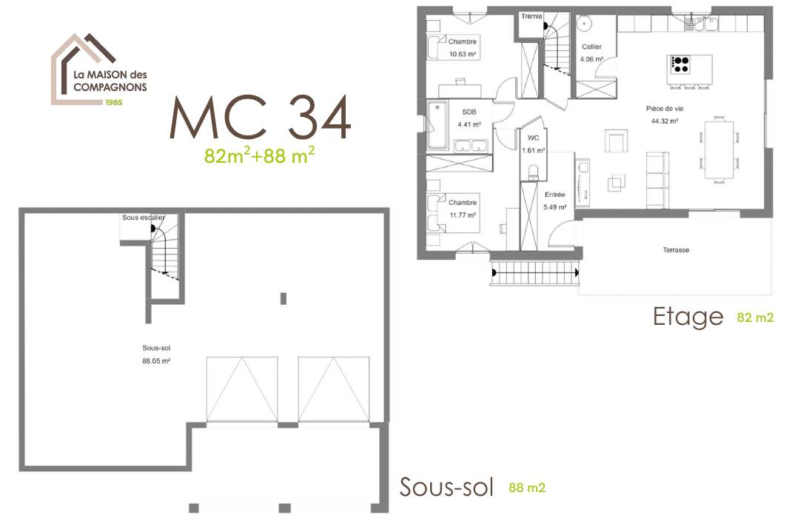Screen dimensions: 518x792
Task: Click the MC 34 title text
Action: [x=261, y=117]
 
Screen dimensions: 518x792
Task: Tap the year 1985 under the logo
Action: [x=113, y=101]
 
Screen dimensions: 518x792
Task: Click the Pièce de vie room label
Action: [x=665, y=108]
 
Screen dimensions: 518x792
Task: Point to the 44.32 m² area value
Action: [x=665, y=121]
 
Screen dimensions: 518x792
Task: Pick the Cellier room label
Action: [x=592, y=47]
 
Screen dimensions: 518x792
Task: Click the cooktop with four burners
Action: [x=679, y=64]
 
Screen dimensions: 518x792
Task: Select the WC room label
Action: [x=533, y=138]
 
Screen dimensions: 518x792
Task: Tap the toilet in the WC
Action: [x=533, y=172]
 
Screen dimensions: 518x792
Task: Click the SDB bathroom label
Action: [x=469, y=112]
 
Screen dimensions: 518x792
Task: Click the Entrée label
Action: [x=554, y=195]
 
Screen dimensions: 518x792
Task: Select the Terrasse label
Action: [x=676, y=250]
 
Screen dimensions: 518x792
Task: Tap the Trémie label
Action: [x=531, y=16]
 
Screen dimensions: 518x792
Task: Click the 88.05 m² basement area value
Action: [x=157, y=361]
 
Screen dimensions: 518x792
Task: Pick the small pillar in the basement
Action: [x=283, y=299]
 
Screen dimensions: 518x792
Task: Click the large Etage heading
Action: [x=688, y=317]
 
